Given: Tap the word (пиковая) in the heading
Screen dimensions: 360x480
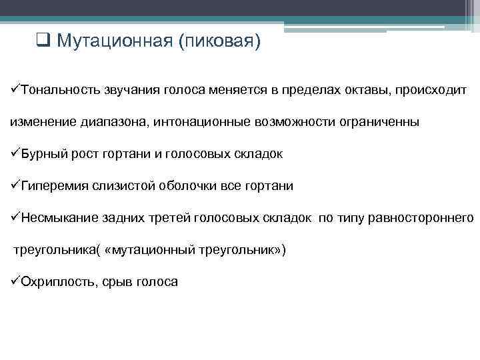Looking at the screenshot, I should [x=219, y=42].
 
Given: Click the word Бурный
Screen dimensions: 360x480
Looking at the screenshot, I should [x=44, y=155].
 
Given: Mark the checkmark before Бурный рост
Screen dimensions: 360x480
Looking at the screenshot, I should [x=14, y=155].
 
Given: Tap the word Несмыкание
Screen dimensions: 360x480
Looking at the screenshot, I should [x=59, y=218].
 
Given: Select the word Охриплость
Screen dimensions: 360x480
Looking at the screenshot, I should [x=59, y=282].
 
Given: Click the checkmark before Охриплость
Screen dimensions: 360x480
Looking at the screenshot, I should [x=14, y=282].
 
